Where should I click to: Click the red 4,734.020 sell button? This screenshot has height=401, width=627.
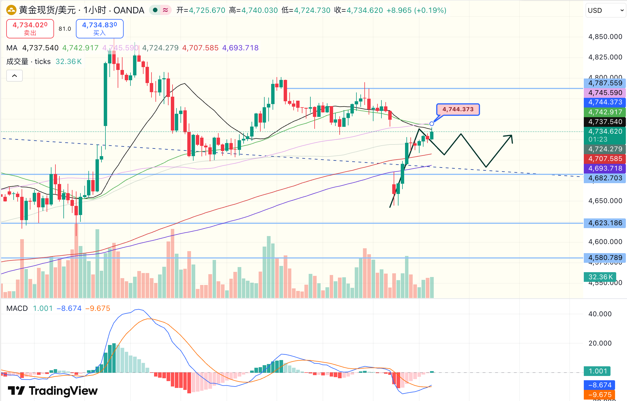30,28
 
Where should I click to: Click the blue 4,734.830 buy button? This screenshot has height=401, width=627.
99,28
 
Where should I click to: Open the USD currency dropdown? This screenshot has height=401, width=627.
605,11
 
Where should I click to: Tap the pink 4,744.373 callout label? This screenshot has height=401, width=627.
458,109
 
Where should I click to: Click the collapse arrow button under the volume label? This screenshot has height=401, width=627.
14,76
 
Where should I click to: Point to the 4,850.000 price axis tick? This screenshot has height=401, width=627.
605,37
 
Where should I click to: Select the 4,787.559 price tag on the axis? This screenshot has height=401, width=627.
605,83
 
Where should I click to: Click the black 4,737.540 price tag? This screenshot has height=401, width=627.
605,122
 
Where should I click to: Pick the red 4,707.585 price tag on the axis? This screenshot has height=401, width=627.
605,159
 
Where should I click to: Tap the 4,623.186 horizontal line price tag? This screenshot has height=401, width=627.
605,223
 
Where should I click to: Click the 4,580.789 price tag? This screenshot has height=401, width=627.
605,258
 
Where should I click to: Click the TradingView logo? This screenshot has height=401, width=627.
53,391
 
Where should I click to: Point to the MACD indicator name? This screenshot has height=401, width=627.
17,308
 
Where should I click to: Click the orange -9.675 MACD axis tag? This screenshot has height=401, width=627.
599,395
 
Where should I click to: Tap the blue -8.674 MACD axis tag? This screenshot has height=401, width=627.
599,385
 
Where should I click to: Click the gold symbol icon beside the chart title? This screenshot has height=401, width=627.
11,11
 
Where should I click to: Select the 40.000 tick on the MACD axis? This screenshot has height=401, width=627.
600,314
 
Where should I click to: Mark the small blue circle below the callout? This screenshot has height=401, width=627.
432,124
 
